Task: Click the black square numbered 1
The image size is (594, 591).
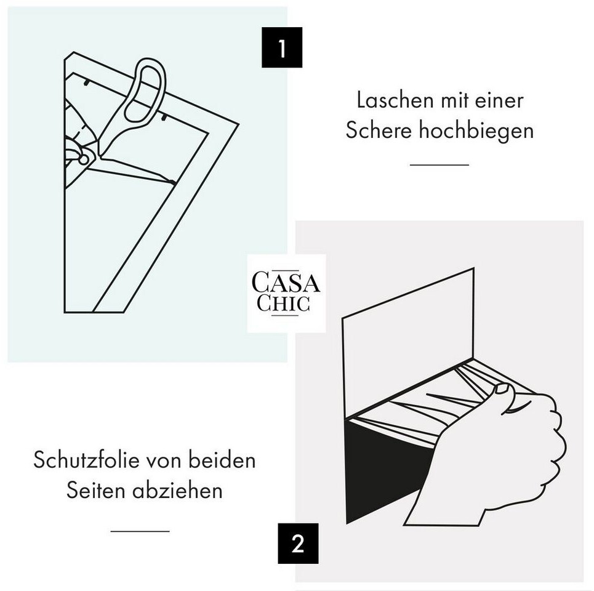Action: pos(282,47)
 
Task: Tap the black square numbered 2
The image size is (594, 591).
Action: pos(298,543)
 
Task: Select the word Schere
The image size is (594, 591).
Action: pos(379,131)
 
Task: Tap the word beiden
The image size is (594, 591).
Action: pos(222,460)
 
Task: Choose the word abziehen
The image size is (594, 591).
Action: pos(177,491)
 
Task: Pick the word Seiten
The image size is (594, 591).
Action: pos(96,491)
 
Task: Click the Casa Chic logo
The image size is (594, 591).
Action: pos(286,293)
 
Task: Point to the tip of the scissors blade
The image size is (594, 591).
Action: pos(174,183)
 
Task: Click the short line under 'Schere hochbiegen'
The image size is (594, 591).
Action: pos(439,165)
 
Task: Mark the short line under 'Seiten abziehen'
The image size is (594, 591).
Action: pos(140,531)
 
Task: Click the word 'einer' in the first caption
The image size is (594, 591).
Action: pos(499,100)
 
